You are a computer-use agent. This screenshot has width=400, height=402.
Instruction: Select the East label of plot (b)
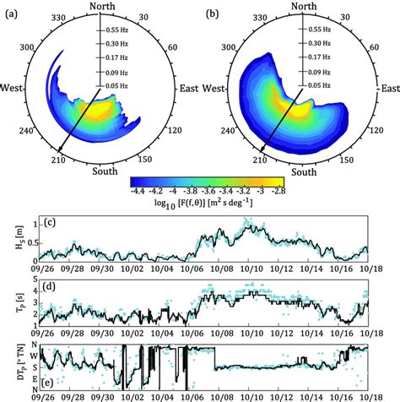coord(387,87)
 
